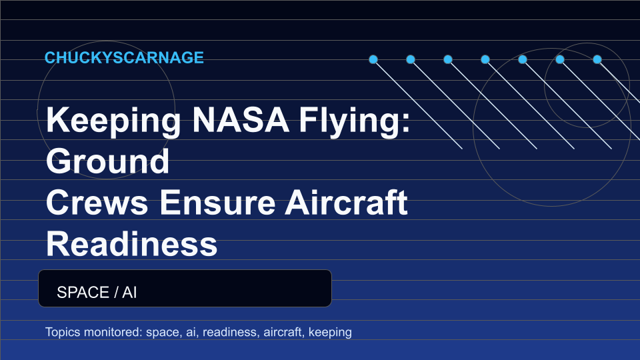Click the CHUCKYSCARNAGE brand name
(x=124, y=57)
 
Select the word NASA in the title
(x=241, y=119)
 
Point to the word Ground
(x=108, y=161)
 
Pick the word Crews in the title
(x=97, y=203)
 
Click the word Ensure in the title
(x=217, y=203)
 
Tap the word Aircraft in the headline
(x=347, y=202)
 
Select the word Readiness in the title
(x=131, y=244)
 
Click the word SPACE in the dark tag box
(x=83, y=293)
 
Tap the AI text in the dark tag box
(x=129, y=293)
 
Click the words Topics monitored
(x=93, y=332)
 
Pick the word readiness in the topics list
(x=230, y=332)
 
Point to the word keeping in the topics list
(x=330, y=332)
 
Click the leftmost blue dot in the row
(x=373, y=59)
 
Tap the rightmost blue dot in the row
(x=597, y=59)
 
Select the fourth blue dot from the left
(x=485, y=59)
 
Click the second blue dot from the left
(x=411, y=59)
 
